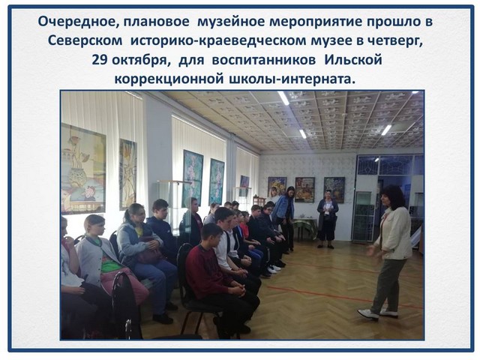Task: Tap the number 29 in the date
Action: tap(99, 60)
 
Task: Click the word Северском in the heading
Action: tap(85, 41)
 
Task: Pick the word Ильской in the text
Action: tap(352, 60)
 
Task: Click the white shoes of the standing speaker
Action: tap(378, 314)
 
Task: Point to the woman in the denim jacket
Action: tap(284, 214)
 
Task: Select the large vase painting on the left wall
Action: tap(83, 169)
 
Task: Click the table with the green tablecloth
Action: tap(305, 227)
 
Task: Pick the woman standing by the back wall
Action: tap(327, 218)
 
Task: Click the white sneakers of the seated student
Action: tap(273, 269)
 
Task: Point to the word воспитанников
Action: tap(263, 60)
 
